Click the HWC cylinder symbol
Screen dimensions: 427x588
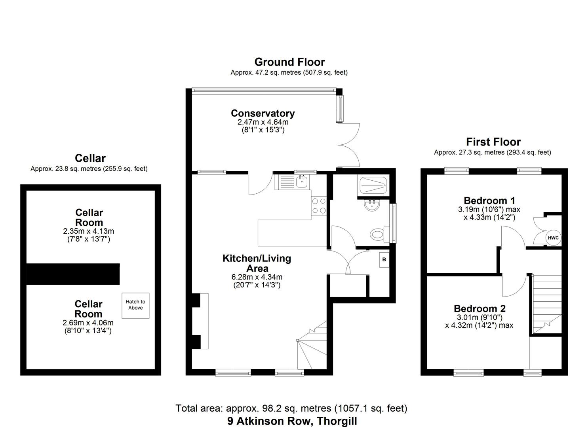[553, 238]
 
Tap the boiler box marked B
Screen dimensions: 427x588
[383, 260]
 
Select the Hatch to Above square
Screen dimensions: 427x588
[135, 304]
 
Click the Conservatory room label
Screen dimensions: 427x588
[263, 113]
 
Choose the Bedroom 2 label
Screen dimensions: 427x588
[480, 308]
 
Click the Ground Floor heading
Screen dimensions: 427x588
[289, 62]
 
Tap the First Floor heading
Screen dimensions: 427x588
[493, 142]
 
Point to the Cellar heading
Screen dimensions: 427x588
[90, 158]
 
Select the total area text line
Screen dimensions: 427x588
[291, 408]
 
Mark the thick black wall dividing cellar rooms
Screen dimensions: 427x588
[73, 274]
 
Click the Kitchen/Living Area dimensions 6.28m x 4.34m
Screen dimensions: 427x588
[257, 277]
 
